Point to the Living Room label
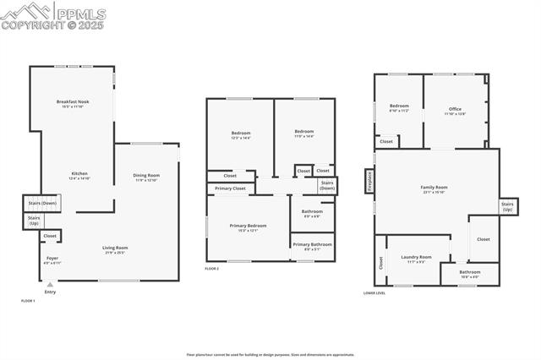115,249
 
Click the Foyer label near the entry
52,259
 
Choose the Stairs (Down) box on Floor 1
42,204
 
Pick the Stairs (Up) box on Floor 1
34,221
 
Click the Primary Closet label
230,188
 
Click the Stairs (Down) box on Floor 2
326,186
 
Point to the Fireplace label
369,182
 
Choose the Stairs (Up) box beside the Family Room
508,206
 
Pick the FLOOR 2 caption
212,269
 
